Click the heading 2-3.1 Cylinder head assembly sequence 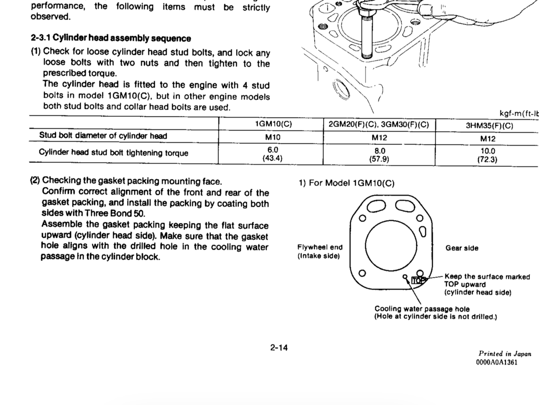111,38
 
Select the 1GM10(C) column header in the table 273,124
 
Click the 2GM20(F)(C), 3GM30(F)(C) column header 379,124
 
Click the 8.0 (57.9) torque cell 379,155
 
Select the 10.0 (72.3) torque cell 488,155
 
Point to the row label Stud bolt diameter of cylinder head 103,136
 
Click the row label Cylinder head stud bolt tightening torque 113,153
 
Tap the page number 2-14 279,348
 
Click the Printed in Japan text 504,354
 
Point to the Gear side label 462,248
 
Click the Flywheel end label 320,247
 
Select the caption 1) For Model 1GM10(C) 347,183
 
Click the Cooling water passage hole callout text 422,309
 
